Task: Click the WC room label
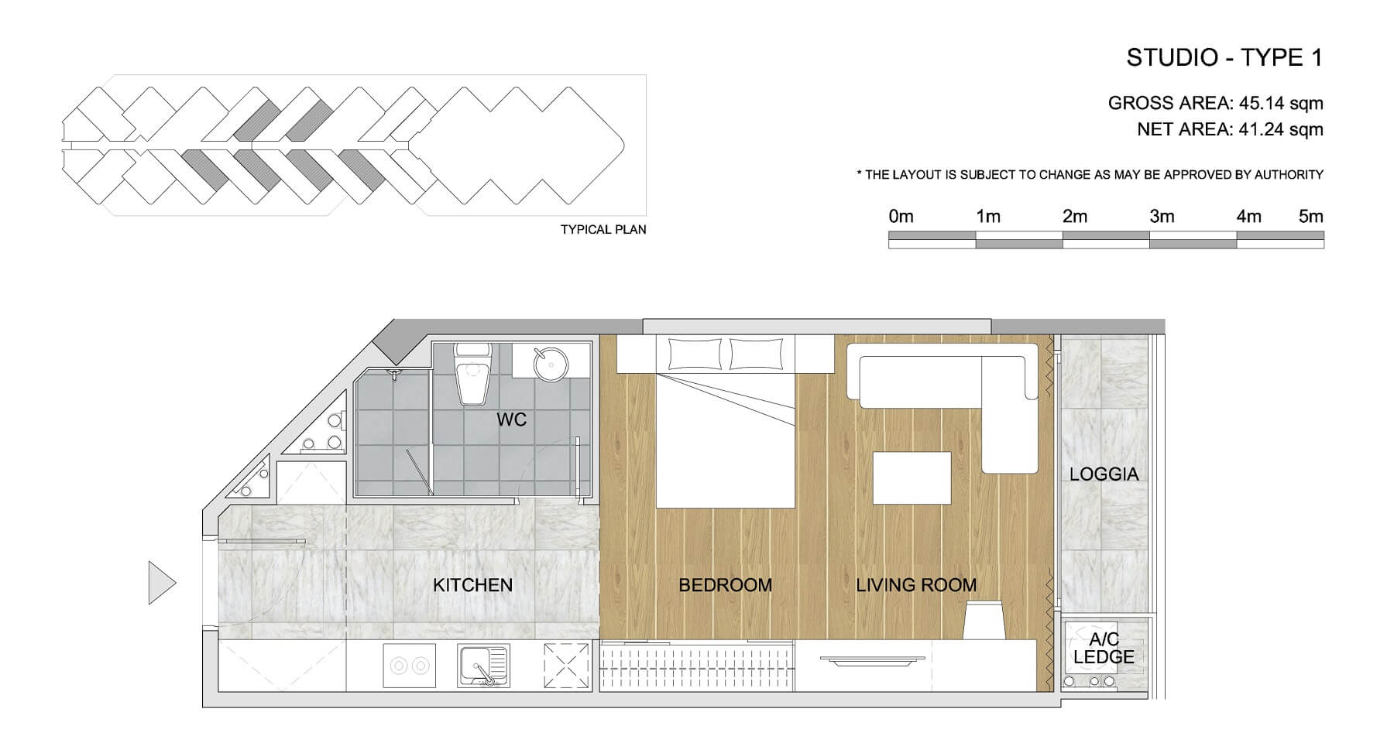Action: tap(511, 419)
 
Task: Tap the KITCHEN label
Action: tap(472, 585)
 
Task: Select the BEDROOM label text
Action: tap(725, 585)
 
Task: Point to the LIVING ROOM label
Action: tap(916, 585)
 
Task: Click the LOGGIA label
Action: tap(1104, 474)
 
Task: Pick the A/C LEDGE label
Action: tap(1104, 649)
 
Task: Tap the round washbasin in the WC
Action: tap(551, 361)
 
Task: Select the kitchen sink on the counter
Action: tap(483, 666)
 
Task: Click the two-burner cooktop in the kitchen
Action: tap(409, 666)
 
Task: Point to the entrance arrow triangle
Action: tap(162, 583)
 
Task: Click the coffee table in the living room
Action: tap(912, 478)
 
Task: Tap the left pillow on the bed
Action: tap(695, 354)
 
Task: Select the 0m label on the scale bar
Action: tap(901, 217)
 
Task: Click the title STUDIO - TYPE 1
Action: tap(1224, 58)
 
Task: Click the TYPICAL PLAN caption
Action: tap(603, 230)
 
